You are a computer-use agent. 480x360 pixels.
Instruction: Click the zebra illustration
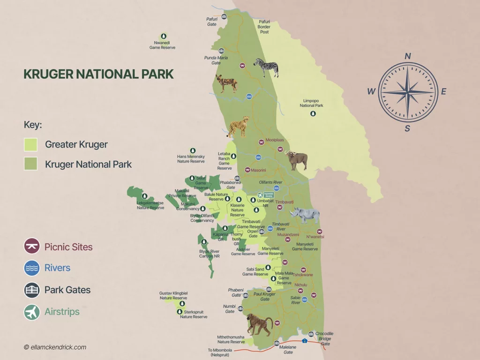pos(266,67)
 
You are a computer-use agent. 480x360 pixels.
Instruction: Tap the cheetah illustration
pos(239,127)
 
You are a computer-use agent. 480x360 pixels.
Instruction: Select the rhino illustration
pos(305,215)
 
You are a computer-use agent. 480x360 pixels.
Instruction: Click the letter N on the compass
pos(408,56)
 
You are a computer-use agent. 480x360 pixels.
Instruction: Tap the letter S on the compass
pos(407,128)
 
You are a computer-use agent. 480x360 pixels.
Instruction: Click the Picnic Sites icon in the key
pos(32,246)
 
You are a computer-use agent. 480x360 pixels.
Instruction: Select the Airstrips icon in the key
pos(32,312)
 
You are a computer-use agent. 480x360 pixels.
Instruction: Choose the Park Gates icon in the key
pos(32,290)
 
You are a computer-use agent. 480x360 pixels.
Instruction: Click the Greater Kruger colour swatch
pos(30,144)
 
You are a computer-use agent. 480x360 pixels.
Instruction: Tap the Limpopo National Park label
pos(312,103)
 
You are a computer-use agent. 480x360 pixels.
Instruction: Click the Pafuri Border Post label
pos(264,27)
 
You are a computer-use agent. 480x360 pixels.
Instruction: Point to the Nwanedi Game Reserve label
pos(162,45)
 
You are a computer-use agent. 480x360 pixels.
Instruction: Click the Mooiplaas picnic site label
pos(275,140)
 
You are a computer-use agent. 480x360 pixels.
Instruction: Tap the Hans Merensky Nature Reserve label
pos(191,159)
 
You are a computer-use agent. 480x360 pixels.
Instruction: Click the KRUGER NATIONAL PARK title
pos(98,74)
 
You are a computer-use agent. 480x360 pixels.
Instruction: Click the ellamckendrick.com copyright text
pos(55,347)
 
